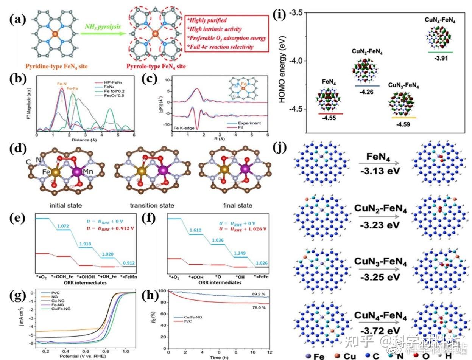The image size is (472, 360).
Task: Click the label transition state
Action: (x=152, y=205)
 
